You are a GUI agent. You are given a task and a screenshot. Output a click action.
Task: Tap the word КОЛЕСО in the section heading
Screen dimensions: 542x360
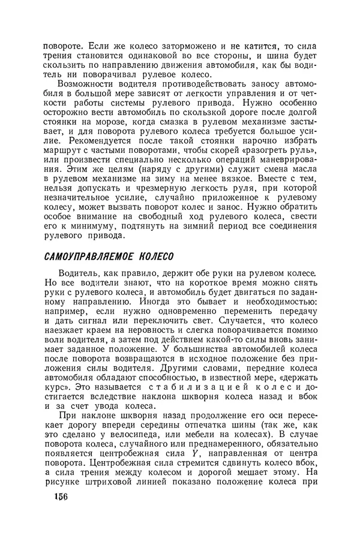pyautogui.click(x=155, y=257)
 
